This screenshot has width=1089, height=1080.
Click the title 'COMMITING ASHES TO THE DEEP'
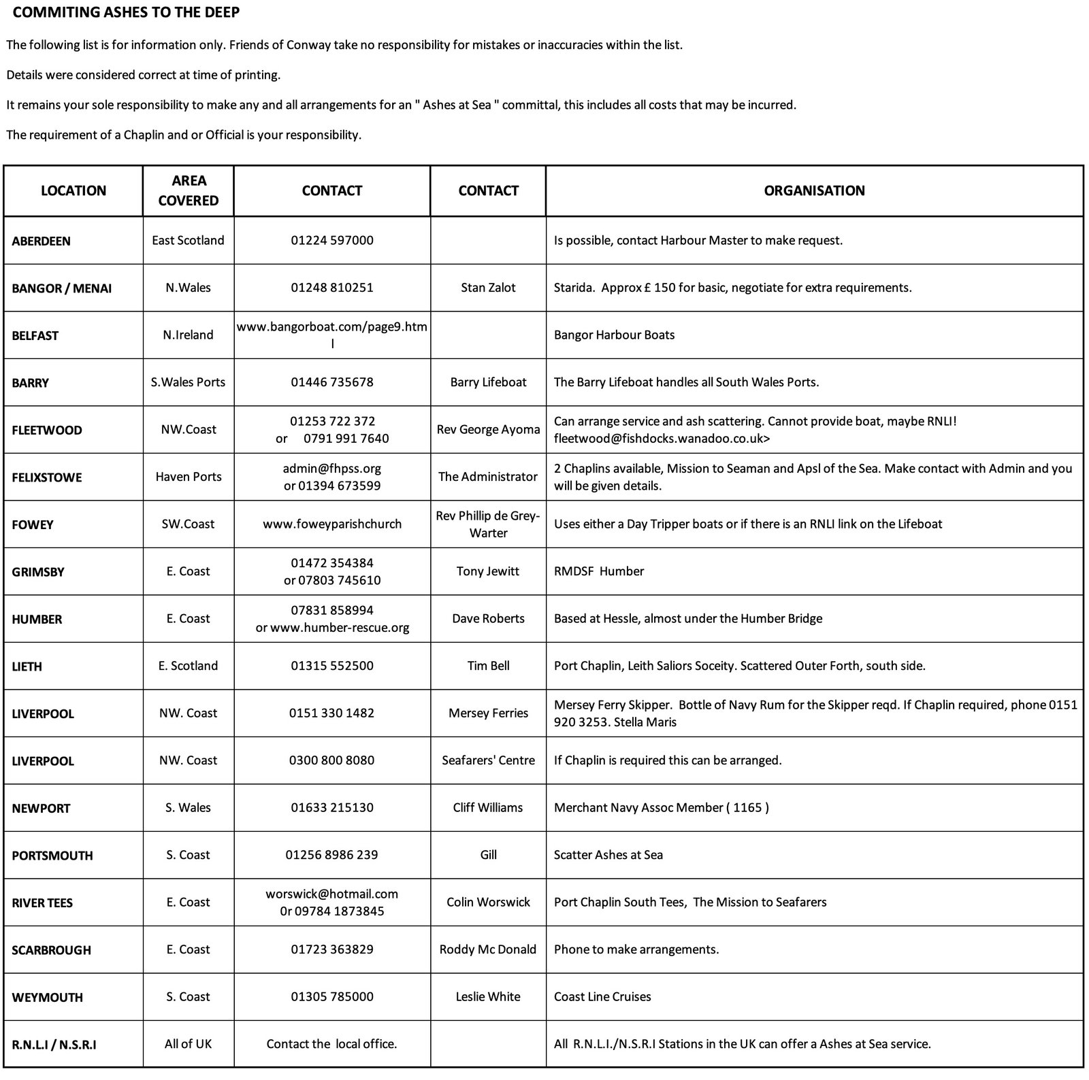pos(126,12)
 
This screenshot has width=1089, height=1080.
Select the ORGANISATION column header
pos(814,190)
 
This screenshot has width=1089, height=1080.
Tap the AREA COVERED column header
pos(189,190)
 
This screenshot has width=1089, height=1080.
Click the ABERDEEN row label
pos(41,241)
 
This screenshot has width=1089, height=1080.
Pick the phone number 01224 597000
pos(332,240)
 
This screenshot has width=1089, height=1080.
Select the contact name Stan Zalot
pos(488,288)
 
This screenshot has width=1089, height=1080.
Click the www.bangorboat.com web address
pos(332,327)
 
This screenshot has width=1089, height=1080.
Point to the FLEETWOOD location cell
pos(47,430)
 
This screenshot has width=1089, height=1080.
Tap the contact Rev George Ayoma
pos(488,429)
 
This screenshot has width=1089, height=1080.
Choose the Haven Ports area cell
pos(189,477)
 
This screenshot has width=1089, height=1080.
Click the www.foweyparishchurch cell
pos(332,524)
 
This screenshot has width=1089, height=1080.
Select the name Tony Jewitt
pos(488,571)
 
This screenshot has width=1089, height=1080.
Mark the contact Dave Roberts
pos(488,618)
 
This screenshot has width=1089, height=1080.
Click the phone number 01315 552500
pos(332,666)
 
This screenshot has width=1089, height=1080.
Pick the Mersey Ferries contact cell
pos(488,713)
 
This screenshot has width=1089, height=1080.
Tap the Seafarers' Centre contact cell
pos(488,760)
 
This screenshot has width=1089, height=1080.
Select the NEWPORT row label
pos(41,808)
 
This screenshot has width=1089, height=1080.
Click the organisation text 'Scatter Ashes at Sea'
pos(608,855)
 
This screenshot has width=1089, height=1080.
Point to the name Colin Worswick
pos(488,902)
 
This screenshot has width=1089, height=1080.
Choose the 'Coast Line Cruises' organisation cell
pos(602,996)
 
